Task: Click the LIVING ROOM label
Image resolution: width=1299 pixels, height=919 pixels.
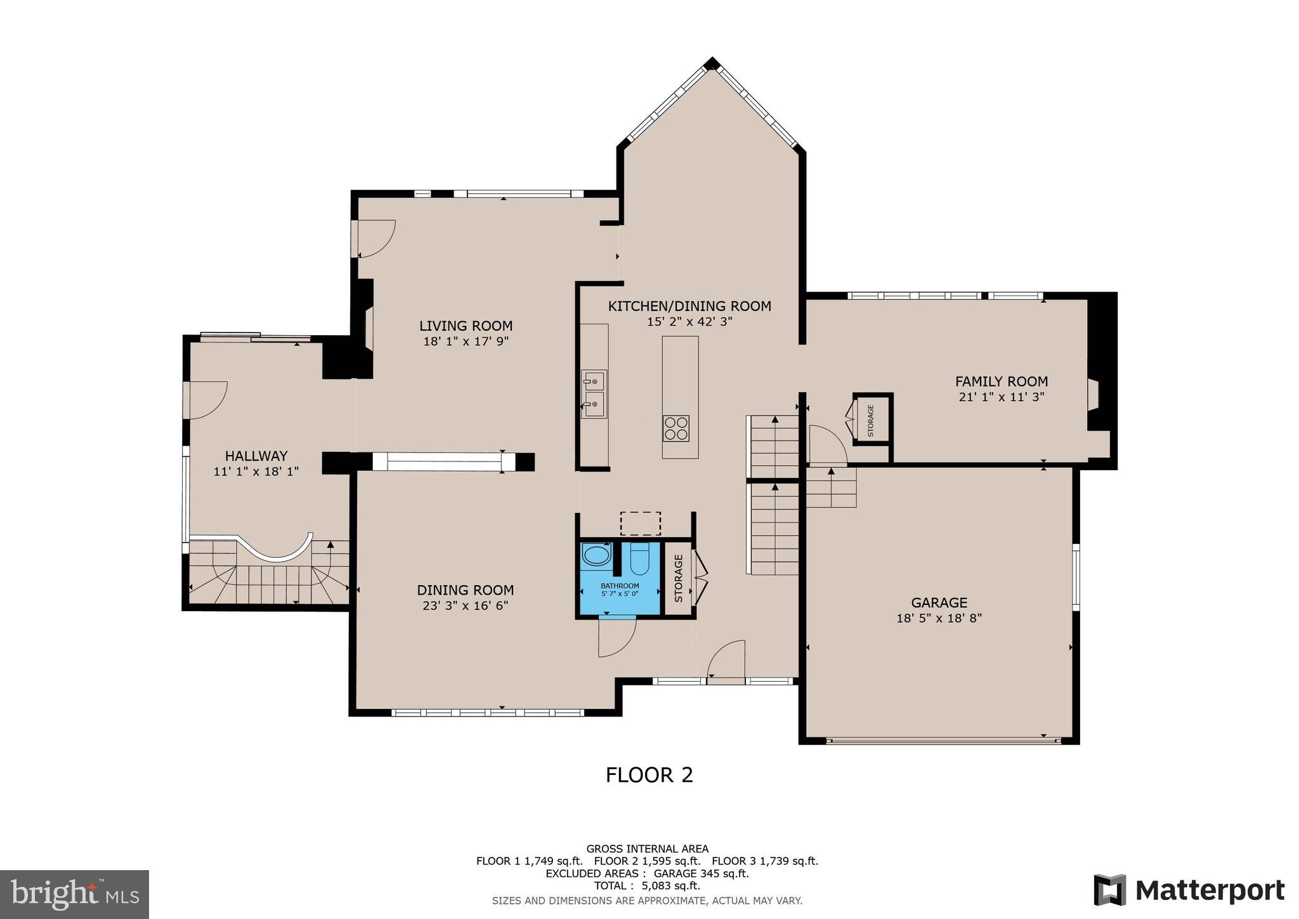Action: click(x=466, y=326)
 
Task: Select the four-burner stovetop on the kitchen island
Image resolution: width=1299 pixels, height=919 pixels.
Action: click(x=676, y=428)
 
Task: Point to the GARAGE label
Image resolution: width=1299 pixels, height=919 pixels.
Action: click(x=939, y=602)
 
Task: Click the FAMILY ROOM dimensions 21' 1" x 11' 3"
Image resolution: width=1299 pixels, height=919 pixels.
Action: click(x=1001, y=397)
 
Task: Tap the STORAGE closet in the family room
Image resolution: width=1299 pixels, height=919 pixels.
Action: click(x=871, y=420)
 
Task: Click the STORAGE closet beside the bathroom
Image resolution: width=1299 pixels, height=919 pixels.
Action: click(x=678, y=578)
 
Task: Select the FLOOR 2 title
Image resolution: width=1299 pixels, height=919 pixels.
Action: click(x=649, y=775)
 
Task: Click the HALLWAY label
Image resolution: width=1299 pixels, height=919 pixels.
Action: click(x=256, y=456)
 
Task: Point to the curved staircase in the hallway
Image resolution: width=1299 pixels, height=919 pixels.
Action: click(x=270, y=571)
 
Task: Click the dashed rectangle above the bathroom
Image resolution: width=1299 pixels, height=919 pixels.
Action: click(x=640, y=524)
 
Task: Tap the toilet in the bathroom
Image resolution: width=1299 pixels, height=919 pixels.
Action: click(x=639, y=557)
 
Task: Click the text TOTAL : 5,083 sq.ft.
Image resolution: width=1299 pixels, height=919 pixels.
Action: click(x=647, y=885)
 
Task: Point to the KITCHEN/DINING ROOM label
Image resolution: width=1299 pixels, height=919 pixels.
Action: click(x=689, y=306)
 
